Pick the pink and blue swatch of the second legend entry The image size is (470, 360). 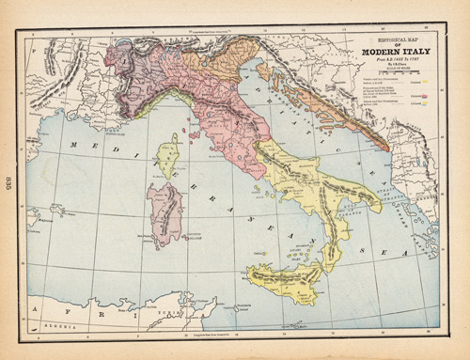click(425, 96)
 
